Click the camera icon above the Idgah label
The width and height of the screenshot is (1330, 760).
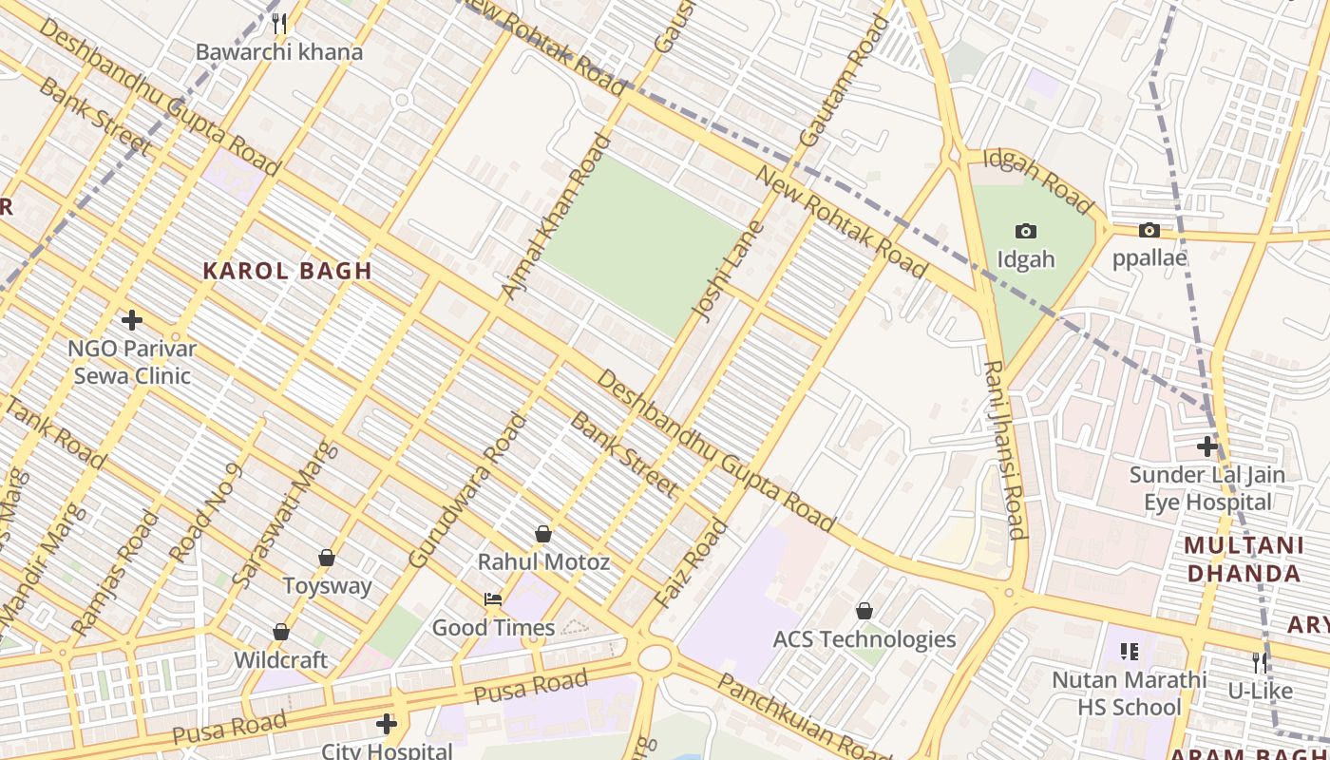(1026, 231)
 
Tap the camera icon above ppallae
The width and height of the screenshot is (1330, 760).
(1149, 230)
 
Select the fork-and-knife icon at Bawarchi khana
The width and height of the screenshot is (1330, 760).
(278, 23)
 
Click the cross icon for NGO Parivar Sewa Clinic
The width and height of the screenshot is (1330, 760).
(132, 320)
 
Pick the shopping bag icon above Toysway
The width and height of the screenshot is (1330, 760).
(327, 558)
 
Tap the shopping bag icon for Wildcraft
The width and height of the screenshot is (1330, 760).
(281, 632)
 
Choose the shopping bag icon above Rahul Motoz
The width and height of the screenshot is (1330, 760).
(543, 534)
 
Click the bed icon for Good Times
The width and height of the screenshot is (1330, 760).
(493, 599)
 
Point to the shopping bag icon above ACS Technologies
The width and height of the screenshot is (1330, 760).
(864, 611)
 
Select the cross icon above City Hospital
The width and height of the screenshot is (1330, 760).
(386, 724)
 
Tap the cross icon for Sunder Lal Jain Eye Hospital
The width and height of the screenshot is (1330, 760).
(1206, 446)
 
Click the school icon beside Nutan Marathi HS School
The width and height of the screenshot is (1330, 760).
(1130, 652)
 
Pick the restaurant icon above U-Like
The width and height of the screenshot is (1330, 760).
(1260, 662)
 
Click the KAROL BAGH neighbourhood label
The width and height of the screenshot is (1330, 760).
(287, 271)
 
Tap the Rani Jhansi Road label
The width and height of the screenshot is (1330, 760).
(1004, 449)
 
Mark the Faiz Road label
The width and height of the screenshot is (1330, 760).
(691, 563)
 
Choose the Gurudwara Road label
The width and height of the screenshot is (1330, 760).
(466, 490)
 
